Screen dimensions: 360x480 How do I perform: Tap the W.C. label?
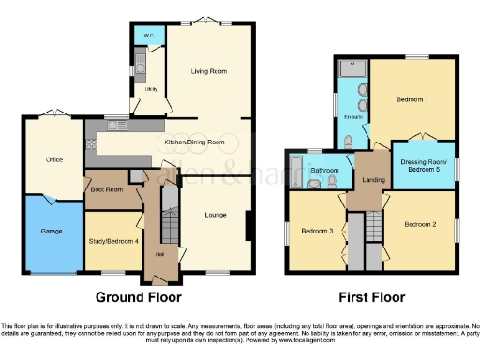[145, 36]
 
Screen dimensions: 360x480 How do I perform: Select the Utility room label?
[151, 89]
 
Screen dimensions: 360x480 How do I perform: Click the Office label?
[54, 159]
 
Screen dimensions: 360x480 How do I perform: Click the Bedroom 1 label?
[412, 98]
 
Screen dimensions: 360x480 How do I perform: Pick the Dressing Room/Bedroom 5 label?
[420, 166]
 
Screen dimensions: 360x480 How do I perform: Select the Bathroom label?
[324, 170]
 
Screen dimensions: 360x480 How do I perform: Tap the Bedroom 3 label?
[317, 231]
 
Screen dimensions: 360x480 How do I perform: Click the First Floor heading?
[372, 297]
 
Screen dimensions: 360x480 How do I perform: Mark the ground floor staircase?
[170, 225]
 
